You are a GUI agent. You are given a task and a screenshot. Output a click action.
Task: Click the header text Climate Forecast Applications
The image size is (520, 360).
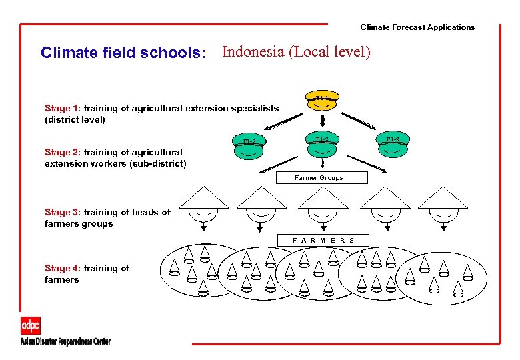pyautogui.click(x=417, y=27)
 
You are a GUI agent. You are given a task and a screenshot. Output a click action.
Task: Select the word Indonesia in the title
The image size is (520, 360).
pyautogui.click(x=255, y=51)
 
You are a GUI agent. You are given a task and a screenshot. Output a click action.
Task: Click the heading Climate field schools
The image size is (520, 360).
pyautogui.click(x=123, y=53)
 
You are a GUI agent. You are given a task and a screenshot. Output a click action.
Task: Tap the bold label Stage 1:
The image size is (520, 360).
pyautogui.click(x=63, y=108)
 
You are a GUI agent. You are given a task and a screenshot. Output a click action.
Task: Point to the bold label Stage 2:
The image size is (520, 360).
pyautogui.click(x=63, y=152)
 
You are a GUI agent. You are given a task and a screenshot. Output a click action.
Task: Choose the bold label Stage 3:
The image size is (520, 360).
pyautogui.click(x=63, y=212)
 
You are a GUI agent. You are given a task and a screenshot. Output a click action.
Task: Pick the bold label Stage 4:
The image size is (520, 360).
pyautogui.click(x=63, y=268)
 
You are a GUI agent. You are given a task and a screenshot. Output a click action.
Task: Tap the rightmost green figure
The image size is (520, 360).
pyautogui.click(x=393, y=145)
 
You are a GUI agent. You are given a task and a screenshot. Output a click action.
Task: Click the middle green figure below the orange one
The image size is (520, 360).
pyautogui.click(x=322, y=145)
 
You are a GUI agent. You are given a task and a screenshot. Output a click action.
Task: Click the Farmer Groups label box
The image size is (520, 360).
pyautogui.click(x=319, y=178)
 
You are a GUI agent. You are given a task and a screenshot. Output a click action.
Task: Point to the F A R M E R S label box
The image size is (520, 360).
pyautogui.click(x=323, y=240)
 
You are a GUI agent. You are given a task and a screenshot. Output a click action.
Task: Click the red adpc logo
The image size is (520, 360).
pyautogui.click(x=31, y=325)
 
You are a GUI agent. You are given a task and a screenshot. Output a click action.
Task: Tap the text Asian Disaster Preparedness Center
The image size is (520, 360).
pyautogui.click(x=65, y=342)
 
